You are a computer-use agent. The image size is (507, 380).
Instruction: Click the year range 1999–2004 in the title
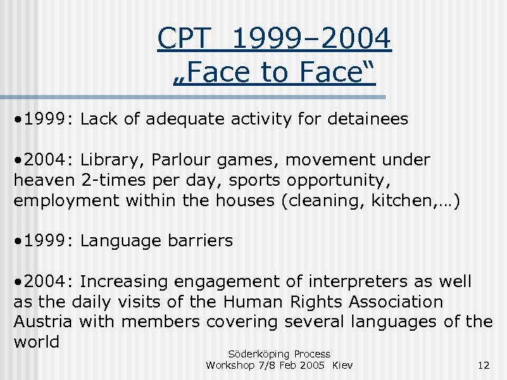tap(311, 38)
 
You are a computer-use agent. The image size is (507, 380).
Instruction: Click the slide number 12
tap(483, 365)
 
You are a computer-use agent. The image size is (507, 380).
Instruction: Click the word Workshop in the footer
tap(232, 365)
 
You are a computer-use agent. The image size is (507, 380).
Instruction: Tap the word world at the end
tap(35, 342)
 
